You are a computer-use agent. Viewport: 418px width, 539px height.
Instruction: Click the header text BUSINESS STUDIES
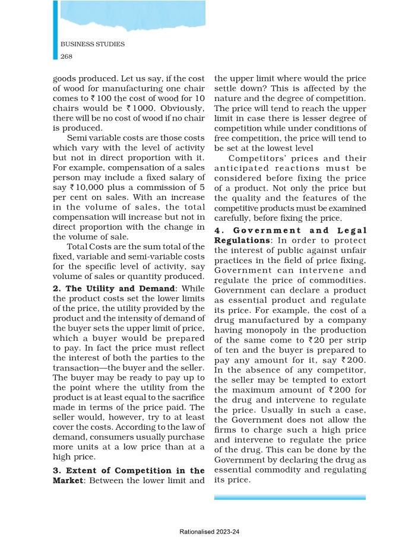point(93,45)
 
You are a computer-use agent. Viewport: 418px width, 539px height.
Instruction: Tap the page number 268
point(66,56)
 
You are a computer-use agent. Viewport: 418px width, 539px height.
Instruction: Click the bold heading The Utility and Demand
point(99,288)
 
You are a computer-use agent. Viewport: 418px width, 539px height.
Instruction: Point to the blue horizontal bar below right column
point(290,497)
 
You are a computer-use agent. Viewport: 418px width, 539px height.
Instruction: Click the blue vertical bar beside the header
point(55,30)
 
